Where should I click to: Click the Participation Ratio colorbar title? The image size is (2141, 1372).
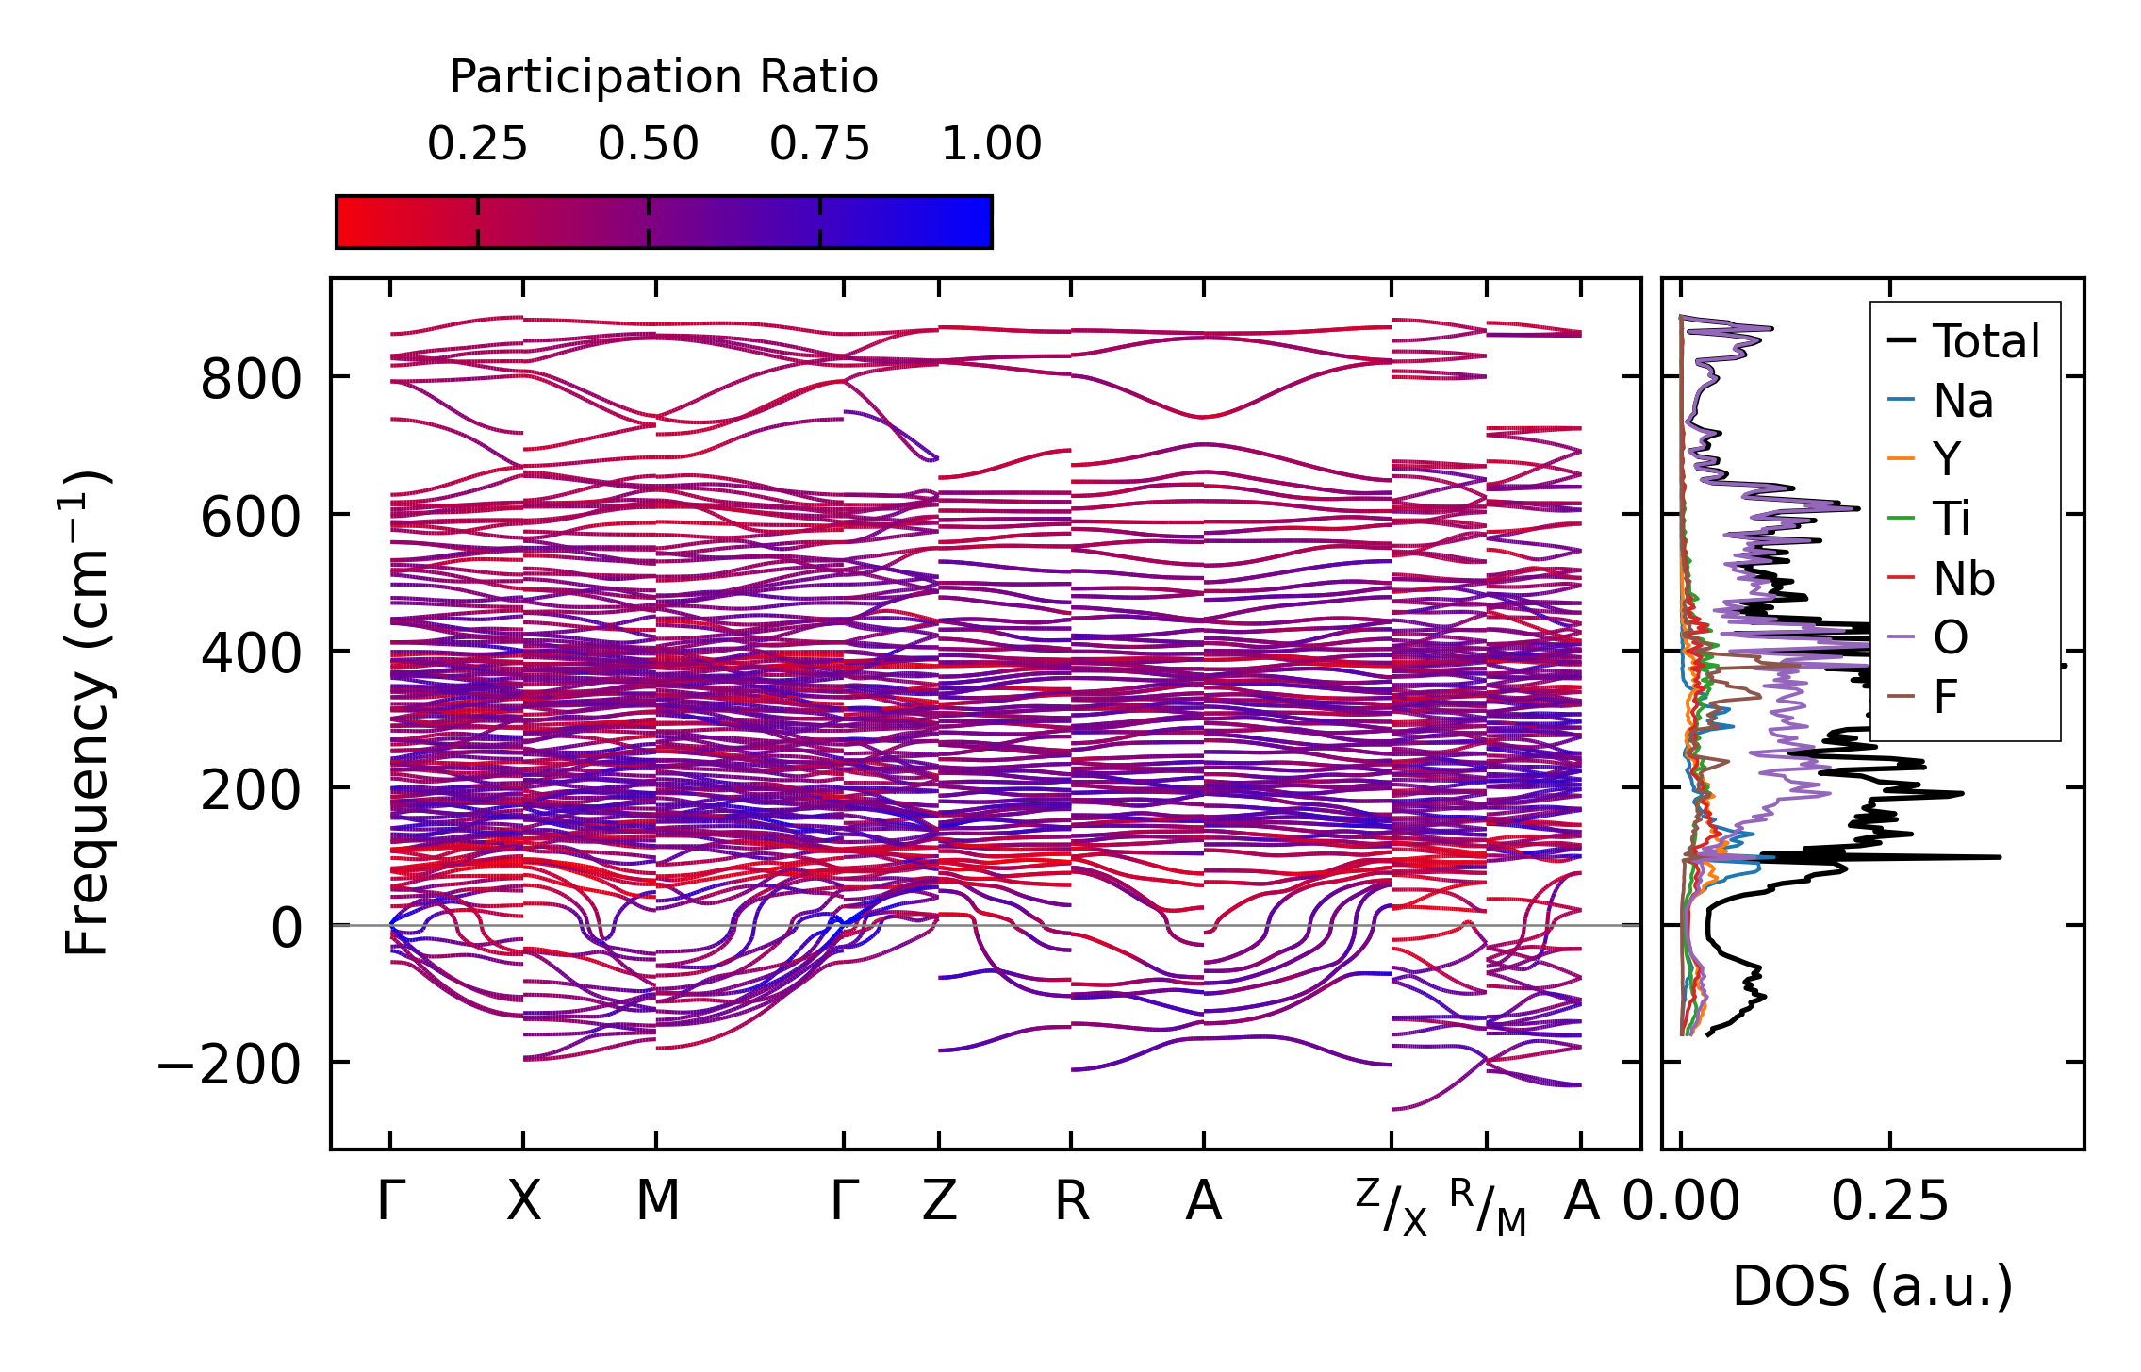click(664, 77)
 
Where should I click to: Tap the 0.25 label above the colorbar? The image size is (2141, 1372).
click(477, 144)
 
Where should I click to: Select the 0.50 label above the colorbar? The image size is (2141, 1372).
click(649, 144)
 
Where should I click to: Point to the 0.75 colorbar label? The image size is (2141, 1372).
click(819, 144)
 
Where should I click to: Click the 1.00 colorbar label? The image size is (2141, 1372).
click(991, 144)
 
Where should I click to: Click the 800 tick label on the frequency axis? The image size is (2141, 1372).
click(251, 381)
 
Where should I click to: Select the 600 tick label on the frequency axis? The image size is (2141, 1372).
click(251, 518)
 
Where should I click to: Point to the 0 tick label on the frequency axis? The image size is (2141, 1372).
click(287, 928)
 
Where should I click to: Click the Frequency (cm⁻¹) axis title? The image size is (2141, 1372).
click(88, 713)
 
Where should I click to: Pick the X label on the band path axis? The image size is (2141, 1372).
click(523, 1201)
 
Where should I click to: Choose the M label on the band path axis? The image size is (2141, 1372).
click(657, 1201)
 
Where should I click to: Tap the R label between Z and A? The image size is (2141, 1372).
click(1072, 1201)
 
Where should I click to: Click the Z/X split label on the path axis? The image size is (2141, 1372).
click(1392, 1207)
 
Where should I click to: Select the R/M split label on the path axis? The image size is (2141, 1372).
click(1488, 1207)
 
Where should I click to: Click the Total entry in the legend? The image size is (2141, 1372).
click(1985, 341)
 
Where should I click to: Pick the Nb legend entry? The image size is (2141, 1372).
click(1964, 579)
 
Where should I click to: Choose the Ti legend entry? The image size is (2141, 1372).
click(1952, 520)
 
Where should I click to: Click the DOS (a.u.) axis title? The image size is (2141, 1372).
click(1872, 1286)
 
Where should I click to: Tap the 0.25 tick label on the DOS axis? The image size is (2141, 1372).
click(1889, 1201)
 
